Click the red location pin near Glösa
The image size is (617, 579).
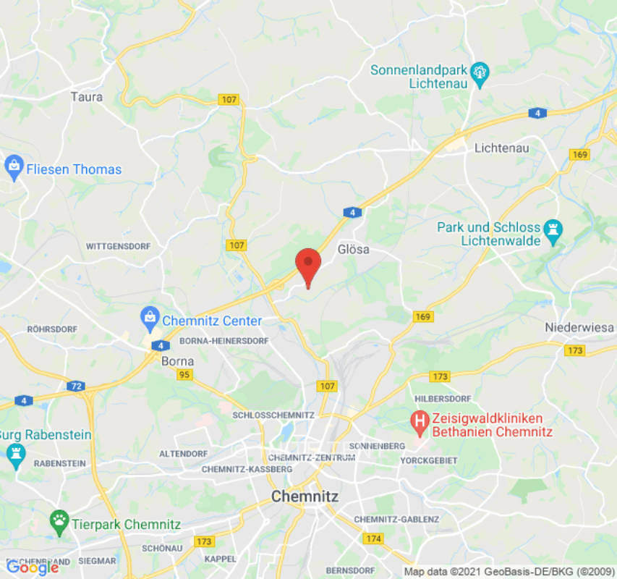[308, 265]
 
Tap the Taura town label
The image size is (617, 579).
[87, 96]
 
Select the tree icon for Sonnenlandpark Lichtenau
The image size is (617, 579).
[480, 71]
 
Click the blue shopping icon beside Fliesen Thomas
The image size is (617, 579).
[13, 169]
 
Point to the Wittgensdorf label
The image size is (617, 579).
[118, 246]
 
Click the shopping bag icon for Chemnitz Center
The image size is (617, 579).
[150, 316]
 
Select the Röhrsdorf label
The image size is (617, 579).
[52, 329]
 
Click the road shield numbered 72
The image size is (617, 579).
[76, 386]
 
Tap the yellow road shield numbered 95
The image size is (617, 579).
[184, 374]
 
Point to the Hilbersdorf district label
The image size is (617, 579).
[443, 399]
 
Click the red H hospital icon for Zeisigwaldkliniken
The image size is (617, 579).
[418, 419]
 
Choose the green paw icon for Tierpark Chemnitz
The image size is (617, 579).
[59, 520]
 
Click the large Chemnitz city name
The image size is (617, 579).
[304, 496]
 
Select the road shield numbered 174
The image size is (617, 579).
[373, 538]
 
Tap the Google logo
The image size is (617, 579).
[32, 567]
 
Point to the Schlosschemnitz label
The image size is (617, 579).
[273, 415]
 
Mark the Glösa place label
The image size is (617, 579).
[354, 250]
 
